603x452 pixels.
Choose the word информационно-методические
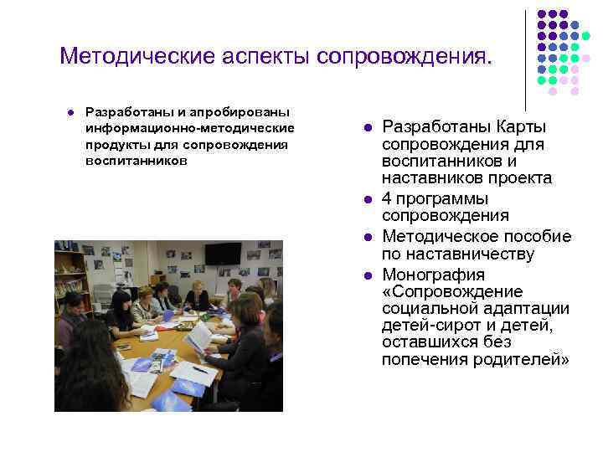tap(189, 128)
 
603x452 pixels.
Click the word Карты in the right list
tap(518, 126)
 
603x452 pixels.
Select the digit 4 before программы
tap(386, 198)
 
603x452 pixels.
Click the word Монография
tap(432, 275)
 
